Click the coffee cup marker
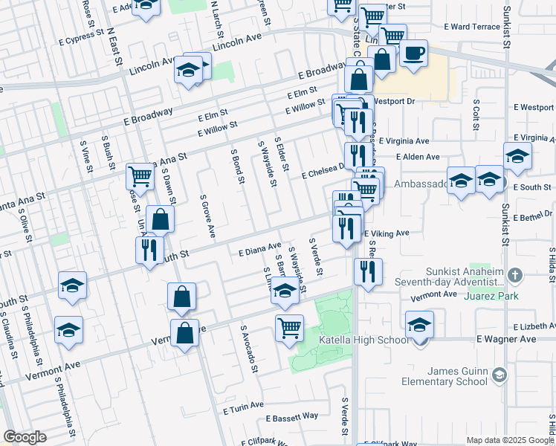[x=413, y=54]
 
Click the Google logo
[x=25, y=437]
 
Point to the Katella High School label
[x=363, y=340]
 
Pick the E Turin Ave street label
[x=243, y=406]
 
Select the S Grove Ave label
[x=207, y=216]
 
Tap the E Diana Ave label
[x=259, y=249]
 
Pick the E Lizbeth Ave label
[x=534, y=326]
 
